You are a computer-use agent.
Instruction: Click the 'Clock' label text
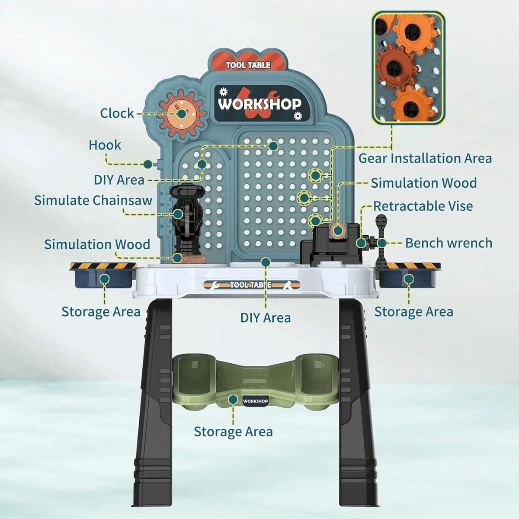pyautogui.click(x=117, y=113)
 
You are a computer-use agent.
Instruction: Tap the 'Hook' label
pyautogui.click(x=105, y=145)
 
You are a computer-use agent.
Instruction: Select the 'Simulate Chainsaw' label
pyautogui.click(x=93, y=200)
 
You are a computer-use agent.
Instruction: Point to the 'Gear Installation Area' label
pyautogui.click(x=425, y=158)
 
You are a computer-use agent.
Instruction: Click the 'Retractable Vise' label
pyautogui.click(x=423, y=206)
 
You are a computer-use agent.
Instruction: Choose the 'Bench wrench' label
pyautogui.click(x=449, y=243)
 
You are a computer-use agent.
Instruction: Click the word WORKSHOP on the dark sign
pyautogui.click(x=259, y=104)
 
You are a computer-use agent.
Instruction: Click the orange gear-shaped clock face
pyautogui.click(x=182, y=114)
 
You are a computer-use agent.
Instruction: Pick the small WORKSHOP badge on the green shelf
pyautogui.click(x=256, y=401)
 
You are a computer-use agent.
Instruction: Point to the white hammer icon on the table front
pyautogui.click(x=288, y=285)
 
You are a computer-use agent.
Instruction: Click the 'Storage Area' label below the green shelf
pyautogui.click(x=233, y=432)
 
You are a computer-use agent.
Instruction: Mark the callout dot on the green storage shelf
pyautogui.click(x=233, y=400)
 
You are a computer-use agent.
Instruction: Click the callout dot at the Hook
pyautogui.click(x=148, y=164)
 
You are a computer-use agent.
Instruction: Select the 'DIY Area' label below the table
pyautogui.click(x=266, y=318)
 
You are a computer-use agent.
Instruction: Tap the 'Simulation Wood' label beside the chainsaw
pyautogui.click(x=97, y=244)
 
